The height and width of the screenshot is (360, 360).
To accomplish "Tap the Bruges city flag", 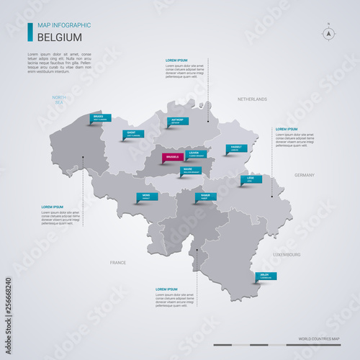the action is click(101, 117).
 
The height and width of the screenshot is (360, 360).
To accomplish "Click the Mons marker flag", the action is click(148, 196).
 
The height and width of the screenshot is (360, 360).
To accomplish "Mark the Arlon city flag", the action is click(266, 275).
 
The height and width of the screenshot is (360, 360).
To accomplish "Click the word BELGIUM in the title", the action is click(59, 37).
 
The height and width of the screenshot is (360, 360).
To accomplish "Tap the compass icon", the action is click(328, 32).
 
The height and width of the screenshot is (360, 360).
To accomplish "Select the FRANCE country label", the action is click(117, 263).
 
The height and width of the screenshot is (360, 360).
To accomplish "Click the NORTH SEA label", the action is click(58, 99).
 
